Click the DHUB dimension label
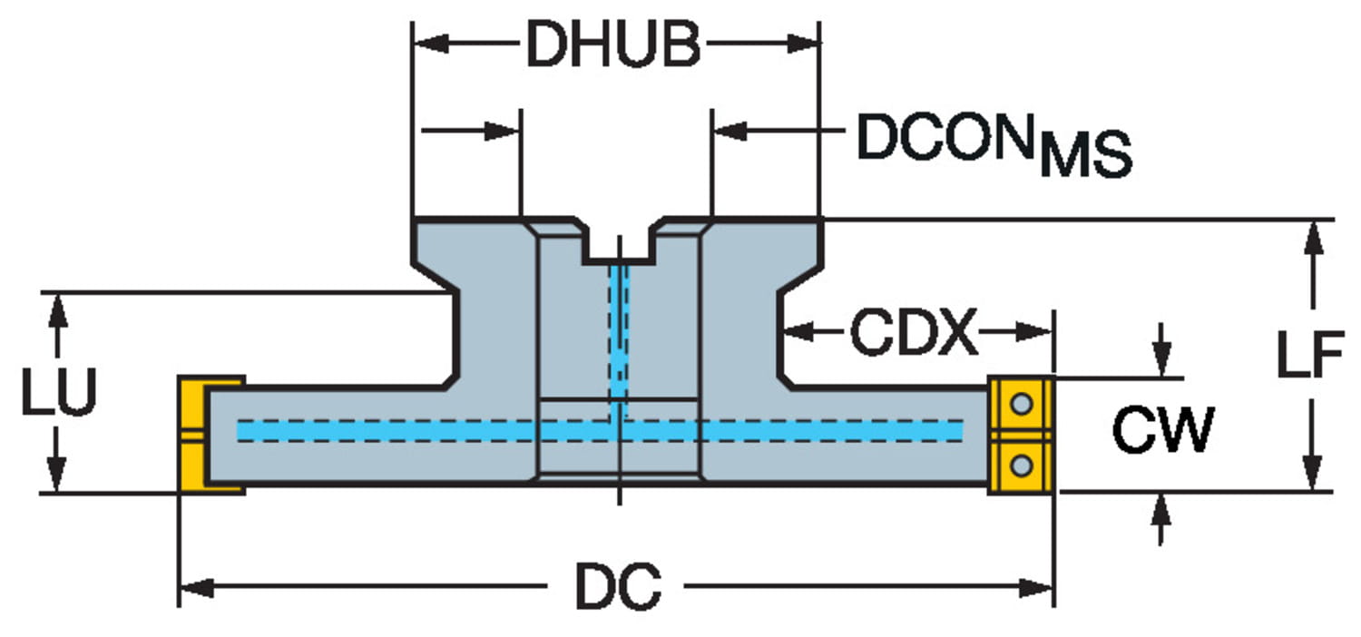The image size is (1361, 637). (613, 45)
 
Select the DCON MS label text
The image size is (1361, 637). (994, 145)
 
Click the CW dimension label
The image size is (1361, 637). (1161, 431)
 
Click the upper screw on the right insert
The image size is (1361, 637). (1022, 402)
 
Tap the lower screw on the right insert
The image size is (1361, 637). (1022, 466)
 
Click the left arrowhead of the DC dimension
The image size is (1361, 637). (196, 589)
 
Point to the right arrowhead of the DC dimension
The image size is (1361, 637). (1036, 589)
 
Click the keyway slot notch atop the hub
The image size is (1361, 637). (619, 243)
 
